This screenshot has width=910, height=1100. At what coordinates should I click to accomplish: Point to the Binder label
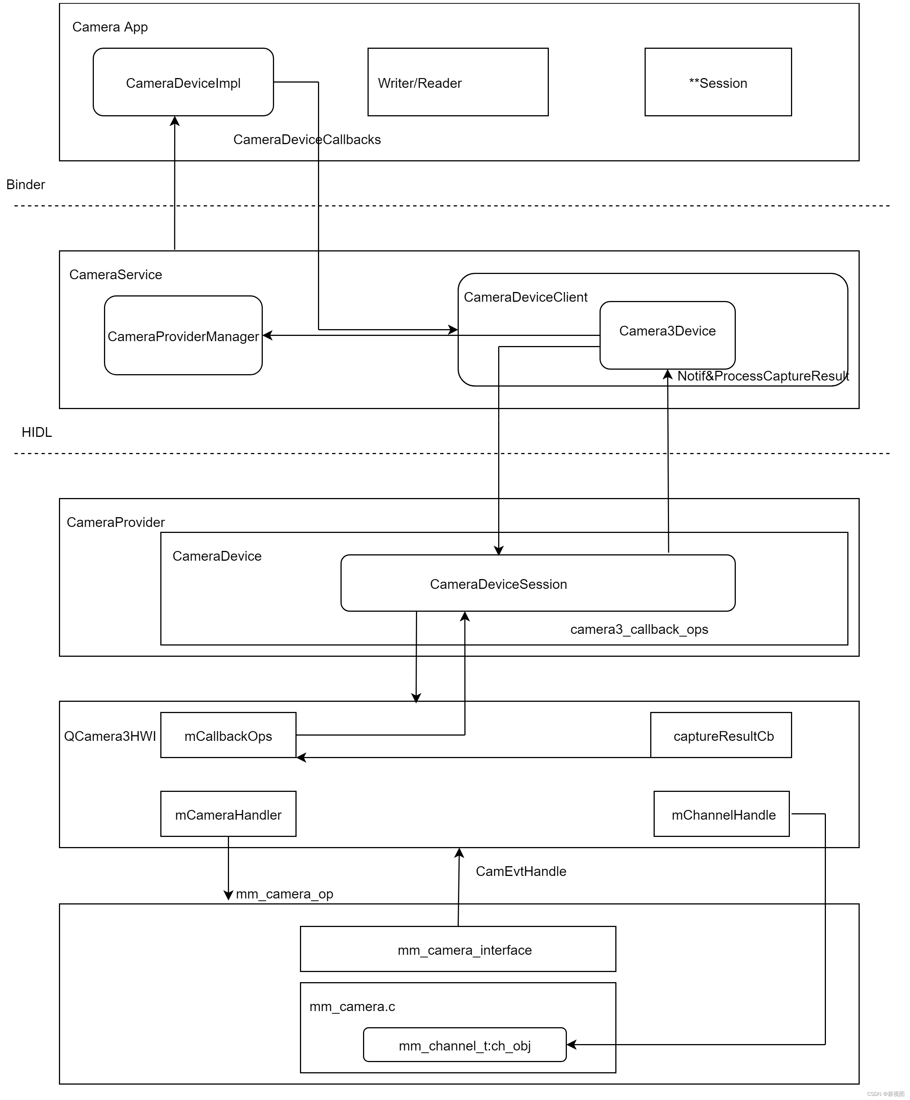26,184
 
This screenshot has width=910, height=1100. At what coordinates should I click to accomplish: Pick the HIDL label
37,432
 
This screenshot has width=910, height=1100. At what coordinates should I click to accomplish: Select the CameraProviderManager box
183,336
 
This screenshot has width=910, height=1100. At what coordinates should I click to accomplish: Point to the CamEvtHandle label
520,871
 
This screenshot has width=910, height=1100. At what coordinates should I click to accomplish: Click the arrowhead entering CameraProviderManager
267,335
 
